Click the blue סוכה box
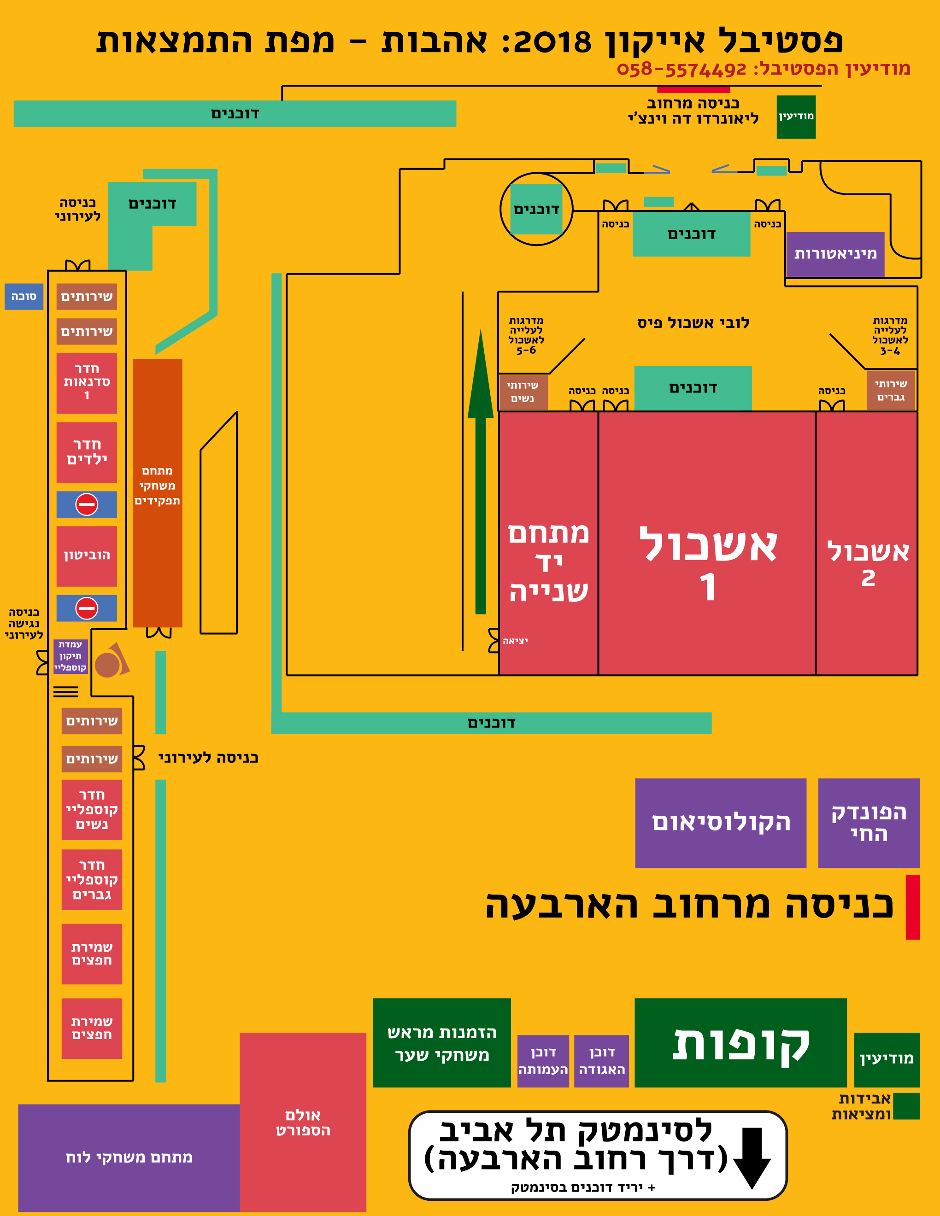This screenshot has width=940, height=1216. (x=24, y=296)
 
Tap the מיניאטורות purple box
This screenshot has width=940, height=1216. (x=835, y=254)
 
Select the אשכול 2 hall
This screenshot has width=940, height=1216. (x=866, y=543)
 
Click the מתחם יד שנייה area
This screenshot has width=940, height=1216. (x=548, y=543)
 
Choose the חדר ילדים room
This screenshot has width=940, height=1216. (x=87, y=452)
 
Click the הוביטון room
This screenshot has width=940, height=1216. (x=87, y=555)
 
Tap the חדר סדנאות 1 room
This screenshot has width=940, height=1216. (x=87, y=383)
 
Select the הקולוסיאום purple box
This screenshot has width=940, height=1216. (x=721, y=823)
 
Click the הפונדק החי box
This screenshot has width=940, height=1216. (x=869, y=823)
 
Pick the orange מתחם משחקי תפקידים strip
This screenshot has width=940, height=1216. (x=158, y=493)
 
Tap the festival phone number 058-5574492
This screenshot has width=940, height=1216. (x=681, y=70)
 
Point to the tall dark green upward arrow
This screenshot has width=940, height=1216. (x=481, y=471)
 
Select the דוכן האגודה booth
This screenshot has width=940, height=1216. (x=601, y=1061)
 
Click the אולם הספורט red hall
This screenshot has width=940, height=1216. (x=303, y=1122)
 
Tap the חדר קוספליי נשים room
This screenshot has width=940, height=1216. (x=92, y=810)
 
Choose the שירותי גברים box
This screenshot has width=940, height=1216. (x=891, y=390)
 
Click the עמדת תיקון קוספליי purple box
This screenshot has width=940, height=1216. (x=70, y=656)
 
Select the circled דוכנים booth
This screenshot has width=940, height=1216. (x=536, y=210)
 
